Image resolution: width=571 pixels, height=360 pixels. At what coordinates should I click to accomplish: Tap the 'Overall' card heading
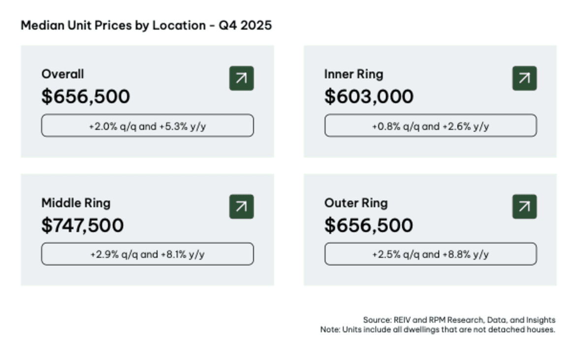[63, 74]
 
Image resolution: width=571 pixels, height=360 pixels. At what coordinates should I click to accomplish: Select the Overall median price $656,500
[86, 97]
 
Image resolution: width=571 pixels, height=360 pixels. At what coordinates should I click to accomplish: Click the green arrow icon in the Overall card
[241, 78]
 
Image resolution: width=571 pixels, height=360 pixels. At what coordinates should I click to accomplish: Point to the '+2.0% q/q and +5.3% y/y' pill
[147, 126]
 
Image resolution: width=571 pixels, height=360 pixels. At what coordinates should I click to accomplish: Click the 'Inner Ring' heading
[353, 74]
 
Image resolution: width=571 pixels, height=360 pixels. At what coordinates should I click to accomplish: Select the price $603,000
[369, 97]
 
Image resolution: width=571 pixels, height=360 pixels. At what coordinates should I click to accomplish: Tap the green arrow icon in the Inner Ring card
[524, 78]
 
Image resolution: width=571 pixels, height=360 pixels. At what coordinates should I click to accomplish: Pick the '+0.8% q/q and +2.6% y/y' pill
[430, 126]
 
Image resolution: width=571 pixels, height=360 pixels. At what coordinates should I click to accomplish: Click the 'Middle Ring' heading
[76, 203]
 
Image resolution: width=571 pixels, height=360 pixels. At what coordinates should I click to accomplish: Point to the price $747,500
[82, 226]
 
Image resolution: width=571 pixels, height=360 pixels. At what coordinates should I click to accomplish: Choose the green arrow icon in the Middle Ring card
[241, 207]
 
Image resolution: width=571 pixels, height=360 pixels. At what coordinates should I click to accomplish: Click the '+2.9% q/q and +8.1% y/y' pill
[147, 255]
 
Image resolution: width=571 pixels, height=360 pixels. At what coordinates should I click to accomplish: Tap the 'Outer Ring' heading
[356, 203]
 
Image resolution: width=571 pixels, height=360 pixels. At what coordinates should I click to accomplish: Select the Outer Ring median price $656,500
[369, 226]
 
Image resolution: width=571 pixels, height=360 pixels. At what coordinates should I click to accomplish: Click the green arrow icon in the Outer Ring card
[524, 207]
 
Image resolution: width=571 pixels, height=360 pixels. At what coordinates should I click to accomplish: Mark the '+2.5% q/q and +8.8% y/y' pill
[430, 255]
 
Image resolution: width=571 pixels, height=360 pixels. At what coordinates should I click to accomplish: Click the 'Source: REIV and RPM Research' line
[459, 320]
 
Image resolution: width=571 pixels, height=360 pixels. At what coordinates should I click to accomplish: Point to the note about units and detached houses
[437, 330]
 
